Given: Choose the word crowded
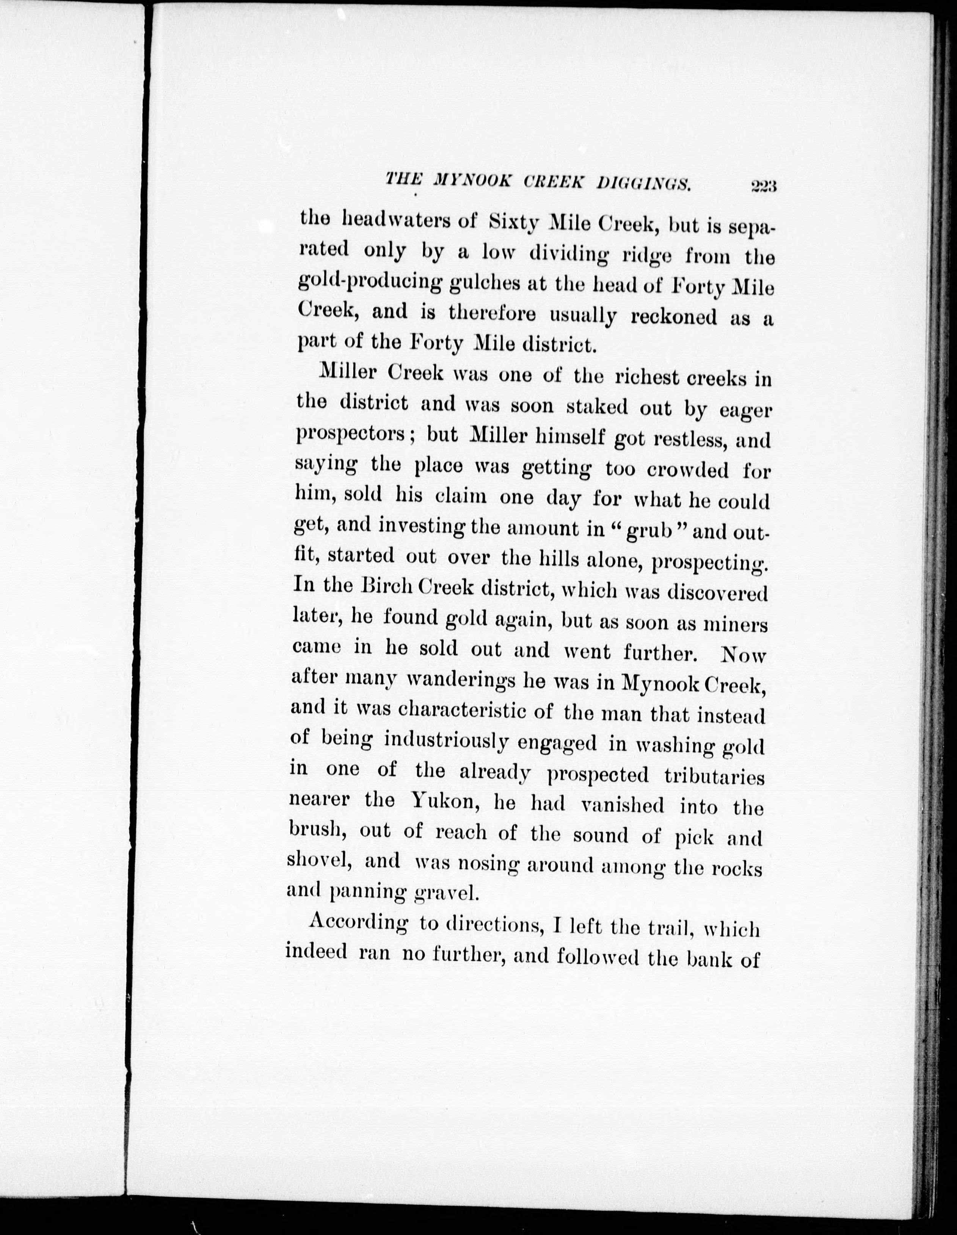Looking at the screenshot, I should coord(685,470).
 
